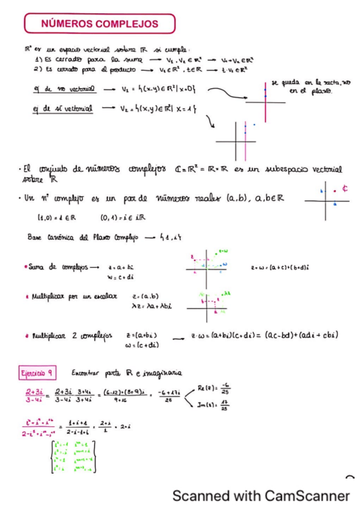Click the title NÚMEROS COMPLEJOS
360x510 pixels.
pyautogui.click(x=100, y=24)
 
